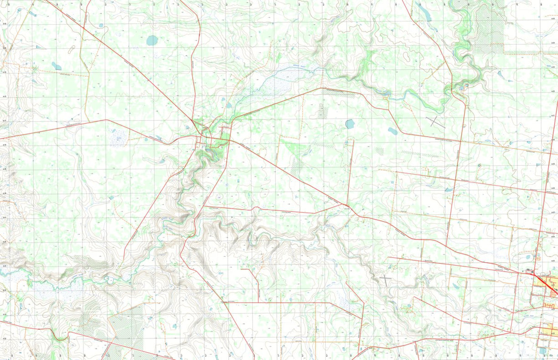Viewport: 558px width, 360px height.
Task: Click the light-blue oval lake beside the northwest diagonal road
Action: tap(152, 40)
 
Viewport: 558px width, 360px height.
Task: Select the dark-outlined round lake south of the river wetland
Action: tap(350, 124)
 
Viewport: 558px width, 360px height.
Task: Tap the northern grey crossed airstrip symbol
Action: tap(435, 122)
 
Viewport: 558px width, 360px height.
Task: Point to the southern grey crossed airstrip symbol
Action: tap(386, 280)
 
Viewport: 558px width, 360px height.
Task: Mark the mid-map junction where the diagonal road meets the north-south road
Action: tap(346, 205)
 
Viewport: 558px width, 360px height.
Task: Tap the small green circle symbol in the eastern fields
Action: tap(479, 165)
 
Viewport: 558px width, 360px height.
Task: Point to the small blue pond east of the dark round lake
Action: tap(393, 131)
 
